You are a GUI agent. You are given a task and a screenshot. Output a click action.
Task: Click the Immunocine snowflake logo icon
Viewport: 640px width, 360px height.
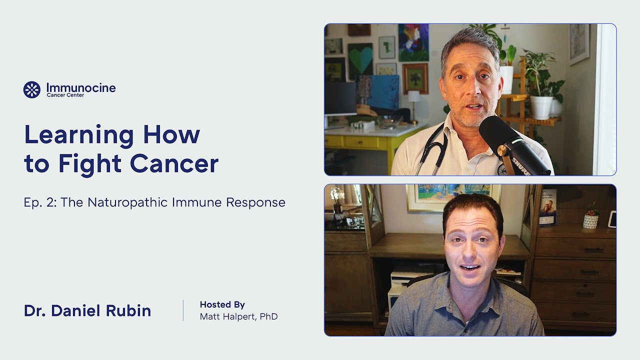[x=32, y=89]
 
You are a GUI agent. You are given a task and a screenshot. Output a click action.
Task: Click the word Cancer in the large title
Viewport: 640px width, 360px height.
[x=174, y=163]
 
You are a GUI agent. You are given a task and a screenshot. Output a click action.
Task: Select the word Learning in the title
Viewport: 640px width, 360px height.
[x=79, y=134]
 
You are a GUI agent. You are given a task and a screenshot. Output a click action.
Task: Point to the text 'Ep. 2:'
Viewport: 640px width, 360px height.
[x=40, y=202]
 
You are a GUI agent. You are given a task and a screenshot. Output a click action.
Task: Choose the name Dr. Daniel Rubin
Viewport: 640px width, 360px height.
[x=87, y=310]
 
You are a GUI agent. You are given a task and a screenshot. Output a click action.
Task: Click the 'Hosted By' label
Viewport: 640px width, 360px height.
[x=222, y=304]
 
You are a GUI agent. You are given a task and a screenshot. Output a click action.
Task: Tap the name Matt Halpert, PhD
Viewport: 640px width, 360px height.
[x=238, y=316]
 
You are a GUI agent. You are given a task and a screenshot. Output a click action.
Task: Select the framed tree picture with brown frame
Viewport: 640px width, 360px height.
[x=415, y=78]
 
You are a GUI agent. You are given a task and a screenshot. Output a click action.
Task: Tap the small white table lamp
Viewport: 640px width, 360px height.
[x=413, y=102]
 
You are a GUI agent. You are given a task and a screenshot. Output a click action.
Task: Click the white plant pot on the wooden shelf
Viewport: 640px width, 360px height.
[x=540, y=107]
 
